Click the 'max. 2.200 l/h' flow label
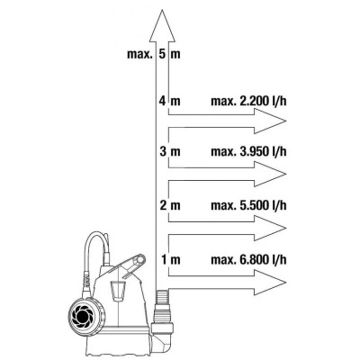[248, 102]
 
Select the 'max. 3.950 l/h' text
[248, 151]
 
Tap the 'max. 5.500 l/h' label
[248, 206]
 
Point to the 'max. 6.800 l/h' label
[248, 259]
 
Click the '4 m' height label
[170, 102]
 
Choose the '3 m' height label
[170, 151]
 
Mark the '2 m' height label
[170, 206]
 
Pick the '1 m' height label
[170, 259]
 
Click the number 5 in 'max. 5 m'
[162, 54]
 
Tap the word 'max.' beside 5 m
[139, 55]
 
